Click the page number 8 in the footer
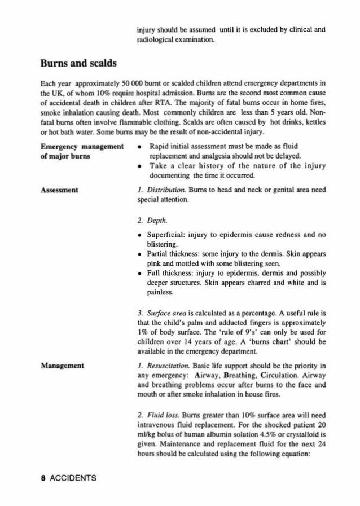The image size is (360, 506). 26,478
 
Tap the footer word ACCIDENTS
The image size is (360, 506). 65,478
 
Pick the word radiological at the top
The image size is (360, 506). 159,39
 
